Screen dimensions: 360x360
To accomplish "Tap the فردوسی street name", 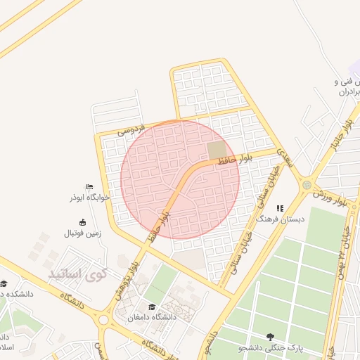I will [x=131, y=129].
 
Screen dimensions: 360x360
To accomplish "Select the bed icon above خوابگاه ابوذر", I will [x=89, y=186].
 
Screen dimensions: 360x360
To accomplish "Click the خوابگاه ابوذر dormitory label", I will [x=89, y=198].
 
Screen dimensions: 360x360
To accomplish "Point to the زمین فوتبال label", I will [x=83, y=233].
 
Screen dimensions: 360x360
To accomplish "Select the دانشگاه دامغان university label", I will [x=153, y=317].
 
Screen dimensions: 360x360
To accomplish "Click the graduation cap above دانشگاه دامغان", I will [x=153, y=307].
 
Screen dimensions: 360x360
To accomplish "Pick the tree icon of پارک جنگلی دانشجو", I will [x=271, y=337].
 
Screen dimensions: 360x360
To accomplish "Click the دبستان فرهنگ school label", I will [x=281, y=219].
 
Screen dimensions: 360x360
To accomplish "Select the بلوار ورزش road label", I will [x=330, y=197].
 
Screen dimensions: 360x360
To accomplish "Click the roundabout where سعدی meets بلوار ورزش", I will [x=307, y=185].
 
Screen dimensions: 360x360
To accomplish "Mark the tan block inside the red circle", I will [x=217, y=151].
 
